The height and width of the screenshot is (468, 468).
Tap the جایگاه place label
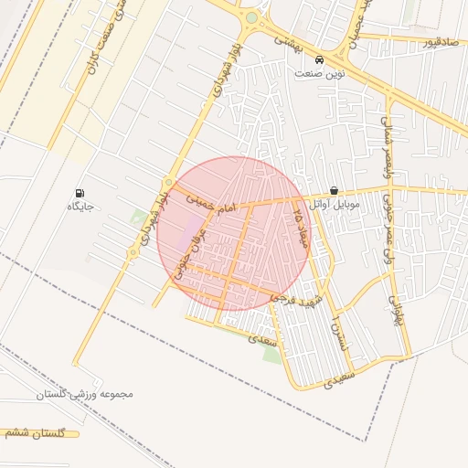click(81, 207)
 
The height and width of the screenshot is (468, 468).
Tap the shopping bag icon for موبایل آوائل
click(334, 191)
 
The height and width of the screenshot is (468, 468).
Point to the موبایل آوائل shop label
click(334, 205)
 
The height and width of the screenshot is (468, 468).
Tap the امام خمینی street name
click(211, 203)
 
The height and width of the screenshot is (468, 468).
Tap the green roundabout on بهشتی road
click(251, 17)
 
